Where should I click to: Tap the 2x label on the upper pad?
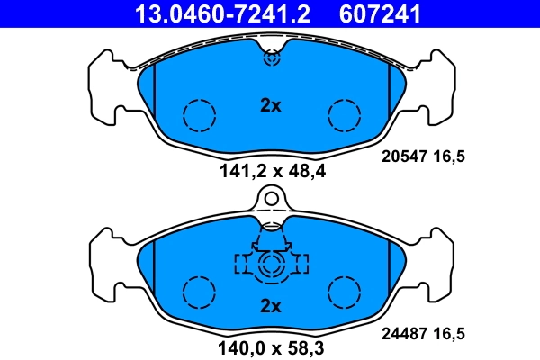(271, 105)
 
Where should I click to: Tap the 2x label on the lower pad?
(271, 306)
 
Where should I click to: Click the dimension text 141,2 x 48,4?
(271, 170)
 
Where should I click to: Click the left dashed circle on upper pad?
(200, 114)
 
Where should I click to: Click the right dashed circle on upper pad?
(344, 114)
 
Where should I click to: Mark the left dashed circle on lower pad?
(200, 292)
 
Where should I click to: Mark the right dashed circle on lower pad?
(344, 292)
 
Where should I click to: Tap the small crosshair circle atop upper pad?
(272, 58)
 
